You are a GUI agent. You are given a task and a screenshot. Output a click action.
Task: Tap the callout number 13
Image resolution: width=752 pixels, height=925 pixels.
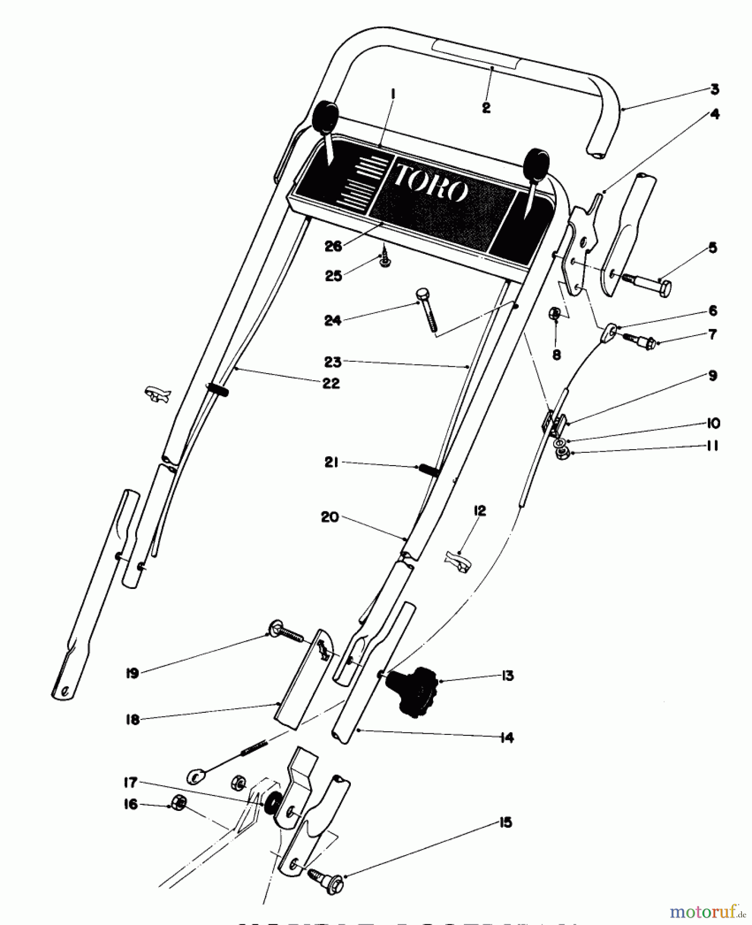(507, 676)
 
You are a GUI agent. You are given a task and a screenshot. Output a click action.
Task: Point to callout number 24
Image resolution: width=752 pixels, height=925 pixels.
(332, 320)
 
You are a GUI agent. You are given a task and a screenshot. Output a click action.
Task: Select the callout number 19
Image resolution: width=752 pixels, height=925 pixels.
(133, 673)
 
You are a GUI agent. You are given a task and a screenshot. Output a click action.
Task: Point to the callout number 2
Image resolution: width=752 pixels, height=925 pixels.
(486, 108)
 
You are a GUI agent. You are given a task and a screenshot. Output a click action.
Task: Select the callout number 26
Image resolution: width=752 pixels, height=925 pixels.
(333, 247)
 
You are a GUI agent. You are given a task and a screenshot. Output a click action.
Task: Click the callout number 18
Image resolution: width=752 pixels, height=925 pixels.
(133, 719)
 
